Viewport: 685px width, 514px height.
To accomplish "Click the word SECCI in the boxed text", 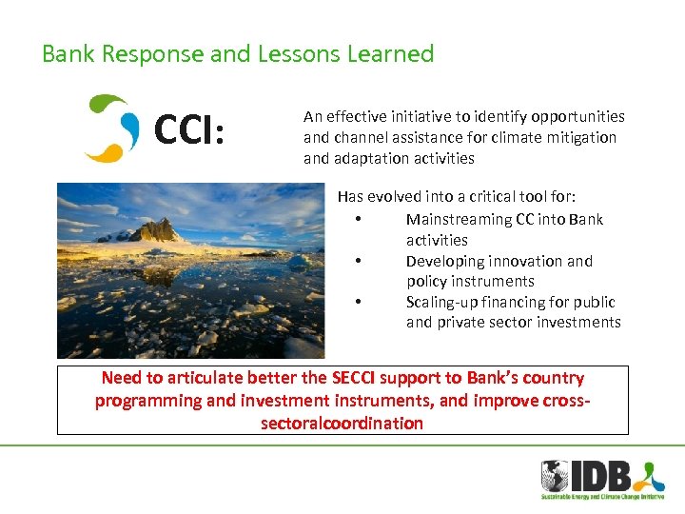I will click(357, 378).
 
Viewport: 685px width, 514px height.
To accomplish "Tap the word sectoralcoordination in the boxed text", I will click(342, 423).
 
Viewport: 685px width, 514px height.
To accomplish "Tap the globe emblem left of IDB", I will click(555, 475).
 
